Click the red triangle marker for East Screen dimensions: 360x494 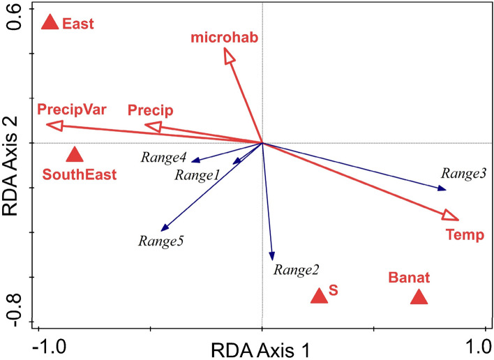(50, 23)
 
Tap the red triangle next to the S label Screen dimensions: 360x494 (319, 296)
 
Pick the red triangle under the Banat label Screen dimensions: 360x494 (419, 297)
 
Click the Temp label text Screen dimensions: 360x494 (464, 234)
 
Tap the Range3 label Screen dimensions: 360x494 (463, 172)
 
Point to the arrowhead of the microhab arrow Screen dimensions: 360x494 (229, 56)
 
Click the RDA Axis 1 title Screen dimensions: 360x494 (262, 348)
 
